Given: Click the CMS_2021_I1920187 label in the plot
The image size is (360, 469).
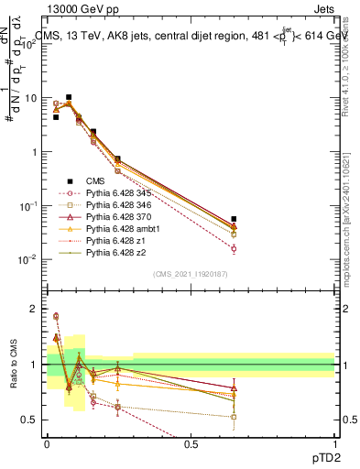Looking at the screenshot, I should [x=191, y=274].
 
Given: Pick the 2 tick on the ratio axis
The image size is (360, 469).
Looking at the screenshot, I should [x=36, y=309].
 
